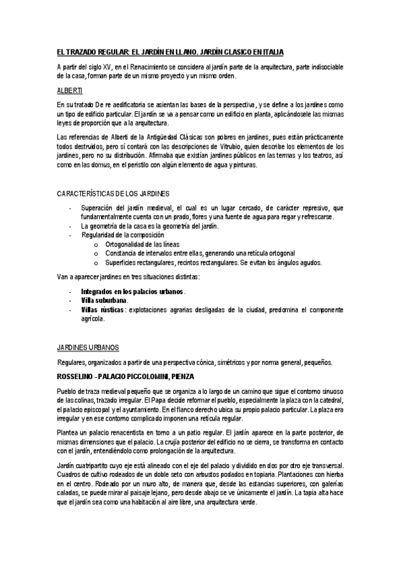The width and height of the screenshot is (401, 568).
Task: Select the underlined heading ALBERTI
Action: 69,90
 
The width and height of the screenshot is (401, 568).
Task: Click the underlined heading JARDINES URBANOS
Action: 88,347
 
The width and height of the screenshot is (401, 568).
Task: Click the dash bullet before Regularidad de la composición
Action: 70,236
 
